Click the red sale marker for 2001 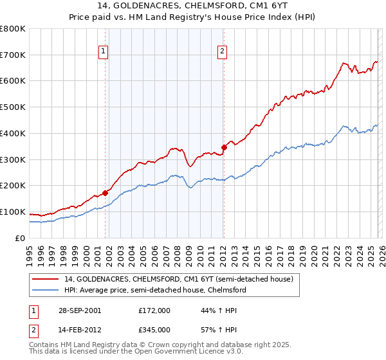pos(105,192)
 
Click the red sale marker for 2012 pos(223,147)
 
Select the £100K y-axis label pos(13,212)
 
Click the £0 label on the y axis pos(21,239)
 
